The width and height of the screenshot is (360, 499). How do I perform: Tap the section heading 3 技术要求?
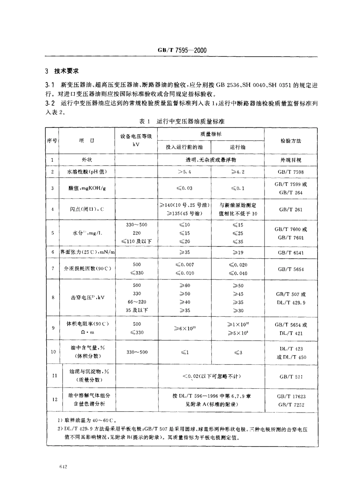62,71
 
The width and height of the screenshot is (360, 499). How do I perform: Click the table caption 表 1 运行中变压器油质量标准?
182,121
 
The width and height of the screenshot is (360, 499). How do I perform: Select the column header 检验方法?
291,141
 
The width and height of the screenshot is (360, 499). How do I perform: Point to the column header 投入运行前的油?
184,147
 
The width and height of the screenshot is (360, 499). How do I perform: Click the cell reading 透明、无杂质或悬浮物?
211,160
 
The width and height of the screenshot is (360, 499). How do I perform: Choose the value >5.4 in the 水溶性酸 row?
184,172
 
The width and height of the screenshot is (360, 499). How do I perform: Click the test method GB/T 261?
291,209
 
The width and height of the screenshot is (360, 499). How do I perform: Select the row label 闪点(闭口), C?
87,209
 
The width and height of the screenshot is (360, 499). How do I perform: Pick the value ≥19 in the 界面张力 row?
238,253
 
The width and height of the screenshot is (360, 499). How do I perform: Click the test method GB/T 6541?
291,253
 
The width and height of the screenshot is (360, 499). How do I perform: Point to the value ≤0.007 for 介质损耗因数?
184,265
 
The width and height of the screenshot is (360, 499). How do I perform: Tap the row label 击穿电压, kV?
87,298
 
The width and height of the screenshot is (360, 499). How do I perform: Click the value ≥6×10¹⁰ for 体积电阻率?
184,328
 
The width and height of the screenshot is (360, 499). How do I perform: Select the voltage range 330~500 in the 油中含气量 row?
136,352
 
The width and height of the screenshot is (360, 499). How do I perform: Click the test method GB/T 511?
291,377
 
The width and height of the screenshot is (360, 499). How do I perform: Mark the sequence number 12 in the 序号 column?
53,399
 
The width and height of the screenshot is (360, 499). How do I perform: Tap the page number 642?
63,468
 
